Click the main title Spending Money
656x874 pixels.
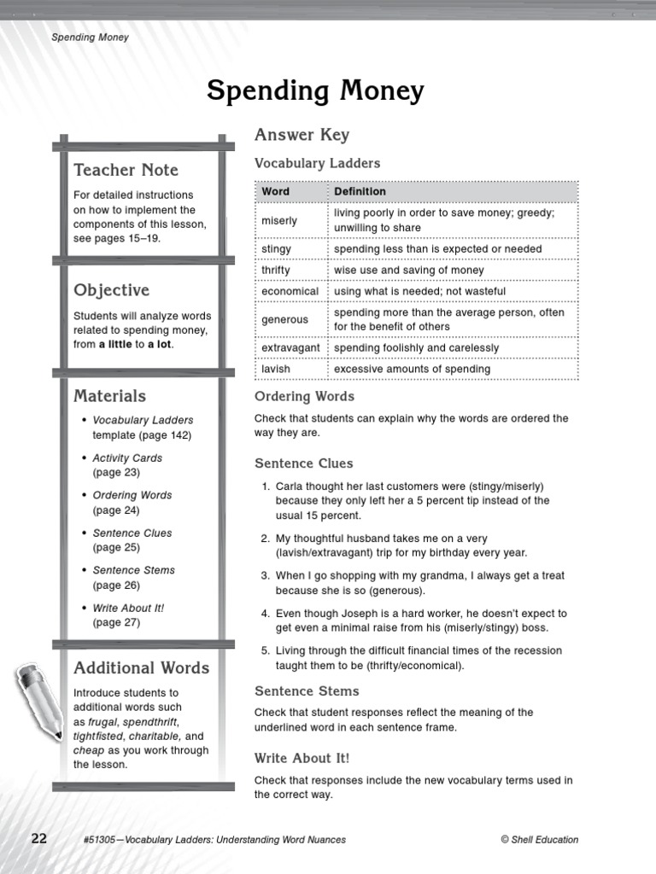(x=315, y=90)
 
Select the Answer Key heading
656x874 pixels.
(x=302, y=135)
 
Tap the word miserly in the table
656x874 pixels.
(x=279, y=220)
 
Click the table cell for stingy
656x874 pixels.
(x=276, y=248)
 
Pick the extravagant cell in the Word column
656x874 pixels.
(x=290, y=348)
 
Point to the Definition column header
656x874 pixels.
(x=360, y=191)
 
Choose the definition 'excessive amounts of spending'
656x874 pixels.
(x=412, y=369)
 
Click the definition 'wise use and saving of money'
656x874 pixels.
(x=408, y=270)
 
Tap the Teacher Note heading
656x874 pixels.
(x=126, y=169)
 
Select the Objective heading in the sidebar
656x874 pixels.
(x=111, y=290)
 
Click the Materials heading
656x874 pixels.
(x=109, y=395)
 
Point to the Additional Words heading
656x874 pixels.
(x=141, y=667)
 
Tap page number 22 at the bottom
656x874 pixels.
(x=39, y=838)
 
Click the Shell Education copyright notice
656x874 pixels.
(x=539, y=840)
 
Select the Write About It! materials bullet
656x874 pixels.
(x=128, y=608)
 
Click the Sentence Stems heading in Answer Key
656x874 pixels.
(x=307, y=691)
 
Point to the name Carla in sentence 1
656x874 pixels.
(x=290, y=486)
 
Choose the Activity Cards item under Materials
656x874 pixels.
(x=126, y=457)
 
